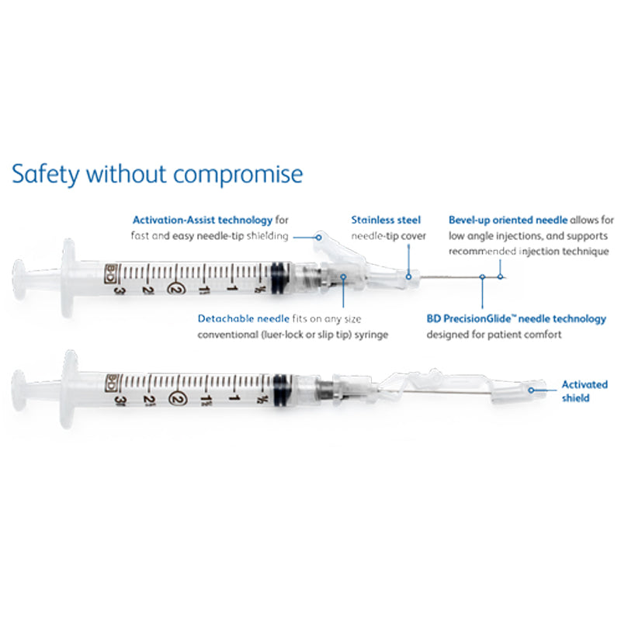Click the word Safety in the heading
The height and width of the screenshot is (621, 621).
(46, 174)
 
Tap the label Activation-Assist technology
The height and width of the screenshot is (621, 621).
(203, 220)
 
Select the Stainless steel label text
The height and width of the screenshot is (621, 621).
(386, 220)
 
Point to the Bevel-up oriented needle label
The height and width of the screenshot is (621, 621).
(508, 220)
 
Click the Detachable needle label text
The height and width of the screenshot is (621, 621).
(244, 319)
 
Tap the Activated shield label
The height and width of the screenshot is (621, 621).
(585, 391)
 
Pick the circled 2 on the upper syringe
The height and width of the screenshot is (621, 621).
(173, 288)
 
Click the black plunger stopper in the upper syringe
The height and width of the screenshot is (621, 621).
(280, 276)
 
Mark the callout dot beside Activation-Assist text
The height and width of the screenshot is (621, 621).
(318, 238)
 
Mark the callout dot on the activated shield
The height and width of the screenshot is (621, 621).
(532, 390)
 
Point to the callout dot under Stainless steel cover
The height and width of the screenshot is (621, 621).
(408, 277)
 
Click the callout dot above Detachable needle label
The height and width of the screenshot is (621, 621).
(343, 277)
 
